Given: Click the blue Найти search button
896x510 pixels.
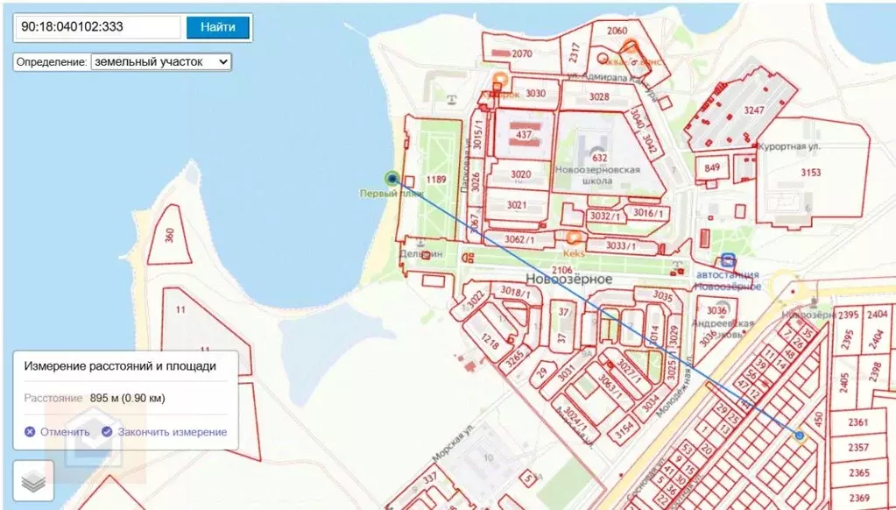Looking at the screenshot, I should pyautogui.click(x=217, y=27).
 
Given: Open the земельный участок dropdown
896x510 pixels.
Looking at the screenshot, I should pyautogui.click(x=160, y=62).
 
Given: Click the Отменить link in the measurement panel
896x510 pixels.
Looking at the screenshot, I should pyautogui.click(x=57, y=432).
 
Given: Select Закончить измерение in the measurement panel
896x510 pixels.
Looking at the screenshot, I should pyautogui.click(x=165, y=432).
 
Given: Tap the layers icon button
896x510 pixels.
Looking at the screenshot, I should pyautogui.click(x=33, y=480).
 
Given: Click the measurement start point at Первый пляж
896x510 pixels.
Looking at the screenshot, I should pyautogui.click(x=392, y=178).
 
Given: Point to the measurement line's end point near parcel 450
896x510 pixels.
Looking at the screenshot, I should pyautogui.click(x=800, y=436).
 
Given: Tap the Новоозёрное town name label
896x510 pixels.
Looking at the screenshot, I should pyautogui.click(x=568, y=278).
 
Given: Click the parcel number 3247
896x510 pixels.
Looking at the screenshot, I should pyautogui.click(x=754, y=111).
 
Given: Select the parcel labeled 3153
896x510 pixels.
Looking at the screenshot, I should pyautogui.click(x=810, y=173).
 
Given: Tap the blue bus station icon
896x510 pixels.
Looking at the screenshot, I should pyautogui.click(x=728, y=260).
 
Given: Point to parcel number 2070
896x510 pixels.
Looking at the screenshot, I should pyautogui.click(x=522, y=54).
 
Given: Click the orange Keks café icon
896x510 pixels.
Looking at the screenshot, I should pyautogui.click(x=574, y=237).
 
